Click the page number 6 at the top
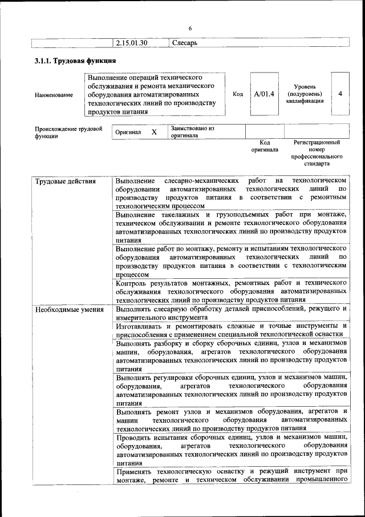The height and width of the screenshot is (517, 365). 190,28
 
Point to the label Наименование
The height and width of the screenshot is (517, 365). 54,95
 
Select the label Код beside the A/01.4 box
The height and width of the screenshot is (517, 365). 238,94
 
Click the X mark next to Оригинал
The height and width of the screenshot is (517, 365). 153,132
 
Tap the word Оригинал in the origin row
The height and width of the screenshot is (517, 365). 128,132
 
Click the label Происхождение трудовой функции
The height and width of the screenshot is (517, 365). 68,133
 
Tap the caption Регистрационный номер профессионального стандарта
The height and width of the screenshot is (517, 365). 317,153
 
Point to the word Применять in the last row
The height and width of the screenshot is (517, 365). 134,471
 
